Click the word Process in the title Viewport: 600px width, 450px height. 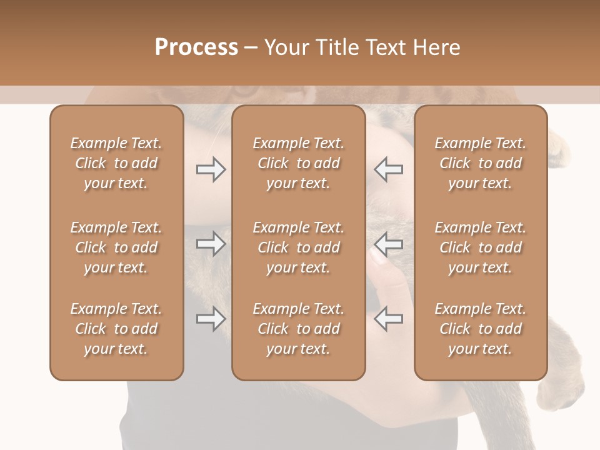[x=196, y=47]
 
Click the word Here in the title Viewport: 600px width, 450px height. [x=436, y=47]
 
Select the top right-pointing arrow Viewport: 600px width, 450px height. [x=211, y=169]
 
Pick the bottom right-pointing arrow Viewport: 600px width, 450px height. [x=211, y=319]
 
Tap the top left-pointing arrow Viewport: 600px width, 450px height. [x=389, y=169]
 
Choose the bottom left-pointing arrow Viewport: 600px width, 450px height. [x=389, y=319]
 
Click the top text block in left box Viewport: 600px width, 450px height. [x=116, y=163]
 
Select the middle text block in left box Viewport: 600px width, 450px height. [x=116, y=247]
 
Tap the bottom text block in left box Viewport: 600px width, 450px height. [x=116, y=329]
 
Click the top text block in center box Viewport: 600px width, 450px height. [x=298, y=163]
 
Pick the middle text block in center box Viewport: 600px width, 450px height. [x=298, y=247]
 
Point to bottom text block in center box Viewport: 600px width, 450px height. [x=298, y=329]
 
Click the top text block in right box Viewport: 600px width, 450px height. [x=480, y=163]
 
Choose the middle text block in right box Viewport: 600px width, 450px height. [x=480, y=247]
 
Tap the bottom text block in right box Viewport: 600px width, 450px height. [x=480, y=329]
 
